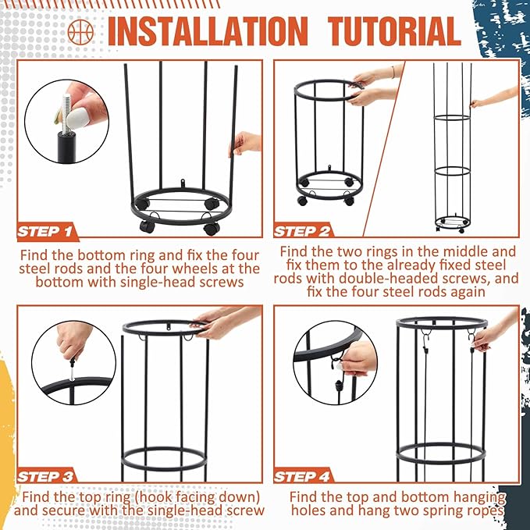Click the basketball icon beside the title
click(80, 32)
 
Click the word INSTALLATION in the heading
click(208, 31)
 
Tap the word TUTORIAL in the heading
click(395, 31)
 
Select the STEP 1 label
click(45, 232)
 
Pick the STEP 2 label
click(301, 232)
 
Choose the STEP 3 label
click(45, 477)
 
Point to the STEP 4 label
click(301, 477)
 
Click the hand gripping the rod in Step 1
click(246, 144)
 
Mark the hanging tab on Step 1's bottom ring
click(183, 183)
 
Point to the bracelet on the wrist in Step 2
click(393, 72)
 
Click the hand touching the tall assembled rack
click(495, 98)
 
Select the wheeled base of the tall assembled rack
click(453, 223)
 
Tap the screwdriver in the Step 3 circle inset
click(72, 371)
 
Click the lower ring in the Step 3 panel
click(164, 459)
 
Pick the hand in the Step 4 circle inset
click(358, 358)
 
